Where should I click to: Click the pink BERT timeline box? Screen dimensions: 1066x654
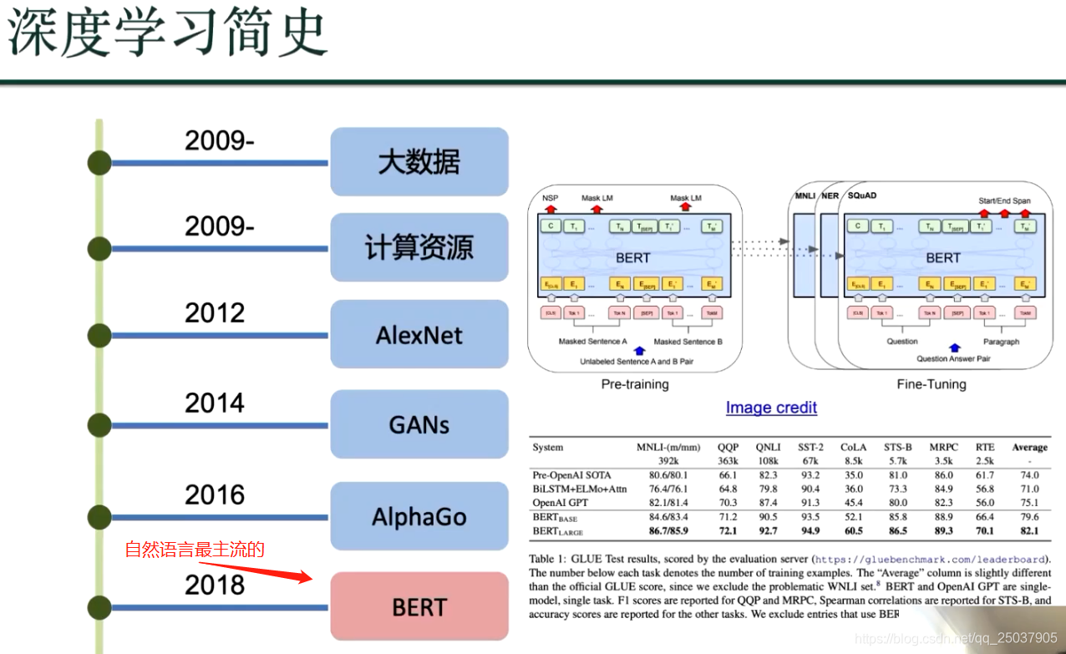[x=419, y=606]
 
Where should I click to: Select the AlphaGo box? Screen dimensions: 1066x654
[x=419, y=516]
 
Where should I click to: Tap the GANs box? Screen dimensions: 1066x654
[x=419, y=424]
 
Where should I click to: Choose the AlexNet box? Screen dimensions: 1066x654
[x=419, y=335]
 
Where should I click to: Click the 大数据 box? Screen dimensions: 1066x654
[x=419, y=161]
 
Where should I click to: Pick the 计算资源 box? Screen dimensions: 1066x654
[x=419, y=247]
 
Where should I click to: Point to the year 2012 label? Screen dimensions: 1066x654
[x=215, y=313]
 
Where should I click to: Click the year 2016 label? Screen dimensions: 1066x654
[x=215, y=494]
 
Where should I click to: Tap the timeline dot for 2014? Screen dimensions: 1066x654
[x=99, y=425]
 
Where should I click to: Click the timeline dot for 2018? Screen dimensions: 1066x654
[x=99, y=607]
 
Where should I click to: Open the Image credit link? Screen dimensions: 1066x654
[x=771, y=408]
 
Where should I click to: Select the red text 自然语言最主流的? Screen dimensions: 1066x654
[x=195, y=549]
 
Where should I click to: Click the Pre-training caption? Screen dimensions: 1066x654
[x=635, y=384]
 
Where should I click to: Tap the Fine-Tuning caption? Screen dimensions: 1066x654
[x=931, y=384]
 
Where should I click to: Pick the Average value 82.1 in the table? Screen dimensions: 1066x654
[x=1029, y=531]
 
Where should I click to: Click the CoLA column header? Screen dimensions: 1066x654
[x=853, y=447]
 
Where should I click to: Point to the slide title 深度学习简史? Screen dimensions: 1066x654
[x=167, y=33]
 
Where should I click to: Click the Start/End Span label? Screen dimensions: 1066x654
[x=1004, y=200]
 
